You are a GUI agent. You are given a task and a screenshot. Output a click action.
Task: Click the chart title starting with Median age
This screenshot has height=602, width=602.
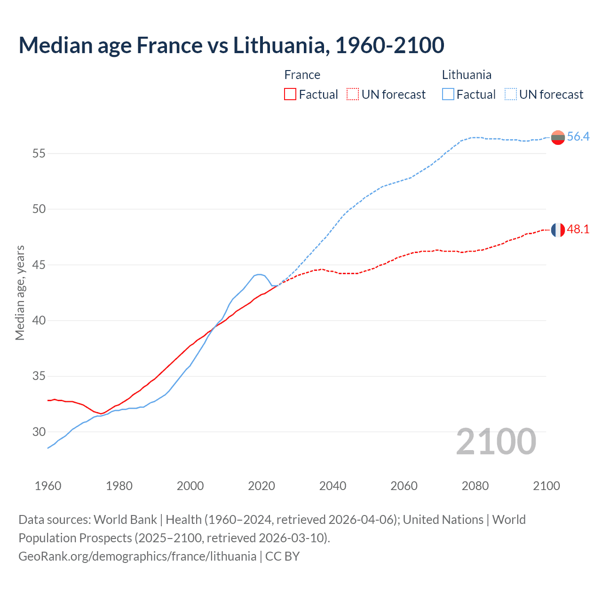pyautogui.click(x=231, y=46)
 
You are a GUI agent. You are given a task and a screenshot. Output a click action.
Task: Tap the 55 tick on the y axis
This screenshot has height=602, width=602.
pyautogui.click(x=39, y=153)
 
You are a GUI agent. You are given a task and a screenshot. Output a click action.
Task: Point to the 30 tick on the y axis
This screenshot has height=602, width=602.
pyautogui.click(x=39, y=432)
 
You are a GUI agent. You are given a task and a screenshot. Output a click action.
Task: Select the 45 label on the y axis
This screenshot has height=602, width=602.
pyautogui.click(x=39, y=265)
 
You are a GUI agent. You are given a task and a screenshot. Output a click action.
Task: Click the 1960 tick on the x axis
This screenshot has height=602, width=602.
pyautogui.click(x=48, y=486)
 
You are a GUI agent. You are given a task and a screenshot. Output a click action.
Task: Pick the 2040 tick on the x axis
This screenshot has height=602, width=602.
pyautogui.click(x=333, y=486)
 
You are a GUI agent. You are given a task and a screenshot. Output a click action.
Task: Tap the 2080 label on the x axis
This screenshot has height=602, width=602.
pyautogui.click(x=475, y=486)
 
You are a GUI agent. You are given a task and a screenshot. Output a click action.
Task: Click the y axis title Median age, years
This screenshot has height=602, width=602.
pyautogui.click(x=20, y=293)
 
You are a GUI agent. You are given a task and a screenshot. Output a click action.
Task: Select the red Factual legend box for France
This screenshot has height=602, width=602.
pyautogui.click(x=290, y=95)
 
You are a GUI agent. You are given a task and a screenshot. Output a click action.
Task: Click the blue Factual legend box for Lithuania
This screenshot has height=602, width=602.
pyautogui.click(x=448, y=95)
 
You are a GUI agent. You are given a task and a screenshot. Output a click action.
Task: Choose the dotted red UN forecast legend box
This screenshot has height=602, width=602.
pyautogui.click(x=353, y=95)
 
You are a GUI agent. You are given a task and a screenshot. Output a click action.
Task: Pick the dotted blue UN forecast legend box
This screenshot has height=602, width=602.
pyautogui.click(x=510, y=95)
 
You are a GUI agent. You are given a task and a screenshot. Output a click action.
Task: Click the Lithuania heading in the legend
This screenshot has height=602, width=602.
pyautogui.click(x=467, y=75)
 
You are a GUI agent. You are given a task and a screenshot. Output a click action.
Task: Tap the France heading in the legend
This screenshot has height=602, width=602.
pyautogui.click(x=302, y=75)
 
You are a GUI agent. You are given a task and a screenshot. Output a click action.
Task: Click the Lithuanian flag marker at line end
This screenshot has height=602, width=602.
pyautogui.click(x=558, y=137)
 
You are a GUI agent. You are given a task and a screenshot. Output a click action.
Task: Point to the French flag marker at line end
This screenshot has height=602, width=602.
pyautogui.click(x=558, y=230)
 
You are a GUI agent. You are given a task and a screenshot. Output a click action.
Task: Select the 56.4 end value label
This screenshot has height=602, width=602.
pyautogui.click(x=578, y=137)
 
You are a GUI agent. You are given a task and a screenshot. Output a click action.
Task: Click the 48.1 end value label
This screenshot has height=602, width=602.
pyautogui.click(x=578, y=230)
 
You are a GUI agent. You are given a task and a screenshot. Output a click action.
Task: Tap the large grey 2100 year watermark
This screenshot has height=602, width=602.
pyautogui.click(x=496, y=441)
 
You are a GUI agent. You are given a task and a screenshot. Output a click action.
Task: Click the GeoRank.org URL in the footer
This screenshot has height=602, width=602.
pyautogui.click(x=137, y=556)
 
